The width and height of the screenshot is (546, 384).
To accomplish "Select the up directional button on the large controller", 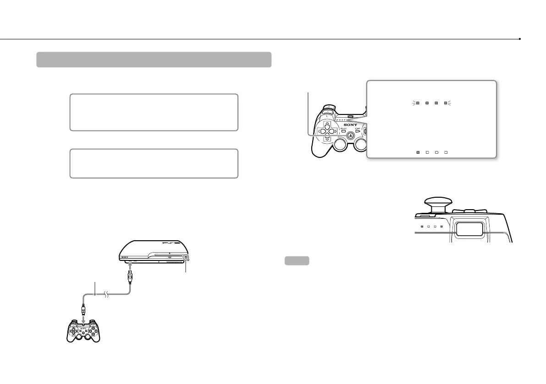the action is point(326,124).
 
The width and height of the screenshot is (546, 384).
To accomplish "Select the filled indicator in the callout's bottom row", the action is point(417,151).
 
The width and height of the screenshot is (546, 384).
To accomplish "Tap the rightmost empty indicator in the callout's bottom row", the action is point(445,151).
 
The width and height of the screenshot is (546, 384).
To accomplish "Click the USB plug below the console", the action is point(131,276).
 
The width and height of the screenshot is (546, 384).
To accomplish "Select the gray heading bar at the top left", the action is point(154,59).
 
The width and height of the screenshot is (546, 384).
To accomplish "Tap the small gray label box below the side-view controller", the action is point(297,261).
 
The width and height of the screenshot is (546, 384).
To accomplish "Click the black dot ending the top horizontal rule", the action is point(520,39).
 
